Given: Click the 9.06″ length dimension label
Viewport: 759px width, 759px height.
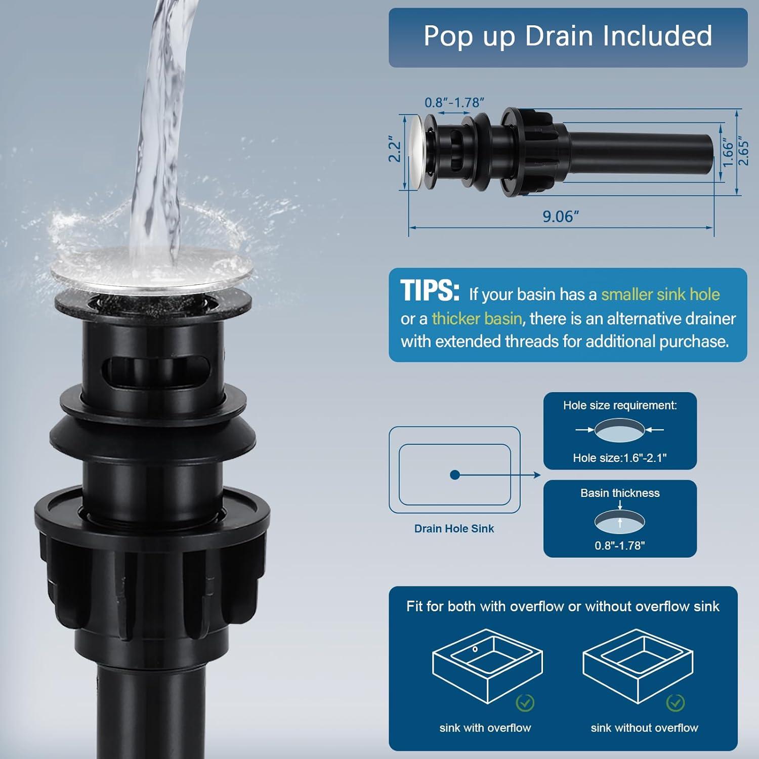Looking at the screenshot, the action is (x=560, y=217).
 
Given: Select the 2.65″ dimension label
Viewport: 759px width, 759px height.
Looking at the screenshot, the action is (x=743, y=150).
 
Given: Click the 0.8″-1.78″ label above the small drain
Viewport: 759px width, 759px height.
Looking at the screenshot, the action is (x=454, y=103).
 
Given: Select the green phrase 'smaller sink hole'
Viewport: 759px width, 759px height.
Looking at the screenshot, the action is (x=660, y=294).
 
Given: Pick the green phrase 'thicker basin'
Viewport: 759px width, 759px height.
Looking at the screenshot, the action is (x=477, y=318).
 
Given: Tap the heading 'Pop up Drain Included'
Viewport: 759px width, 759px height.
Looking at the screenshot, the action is (x=568, y=36).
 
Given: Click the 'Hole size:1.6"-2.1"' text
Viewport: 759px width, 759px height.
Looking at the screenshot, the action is (x=620, y=458).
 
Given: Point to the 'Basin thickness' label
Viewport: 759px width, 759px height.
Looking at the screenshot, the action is (x=620, y=493).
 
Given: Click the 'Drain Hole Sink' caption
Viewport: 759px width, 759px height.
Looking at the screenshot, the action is (x=454, y=529).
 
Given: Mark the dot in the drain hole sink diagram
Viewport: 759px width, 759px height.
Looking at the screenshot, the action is (x=455, y=475).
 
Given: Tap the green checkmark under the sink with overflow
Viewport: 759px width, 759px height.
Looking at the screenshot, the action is (x=525, y=702).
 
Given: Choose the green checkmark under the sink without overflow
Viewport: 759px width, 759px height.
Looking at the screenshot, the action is (x=676, y=702).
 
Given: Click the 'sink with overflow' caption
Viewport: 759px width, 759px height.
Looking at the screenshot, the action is (x=485, y=728).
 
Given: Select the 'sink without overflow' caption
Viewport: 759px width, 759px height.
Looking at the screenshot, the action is (x=644, y=728).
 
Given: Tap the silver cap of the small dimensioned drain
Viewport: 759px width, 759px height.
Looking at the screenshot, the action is (x=417, y=151).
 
